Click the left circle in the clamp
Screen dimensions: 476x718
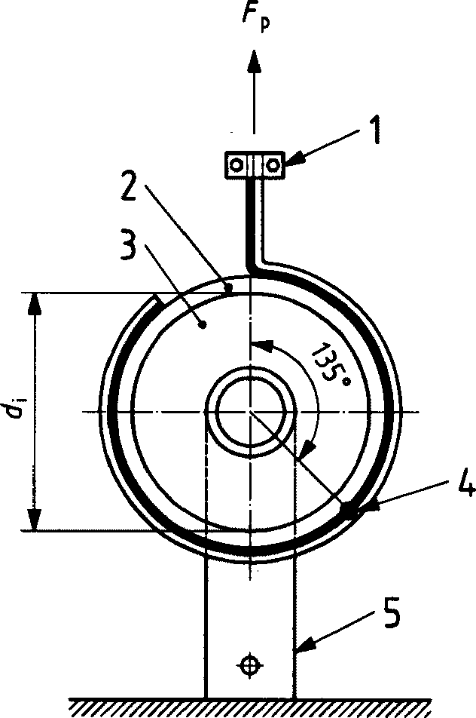(236, 164)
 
